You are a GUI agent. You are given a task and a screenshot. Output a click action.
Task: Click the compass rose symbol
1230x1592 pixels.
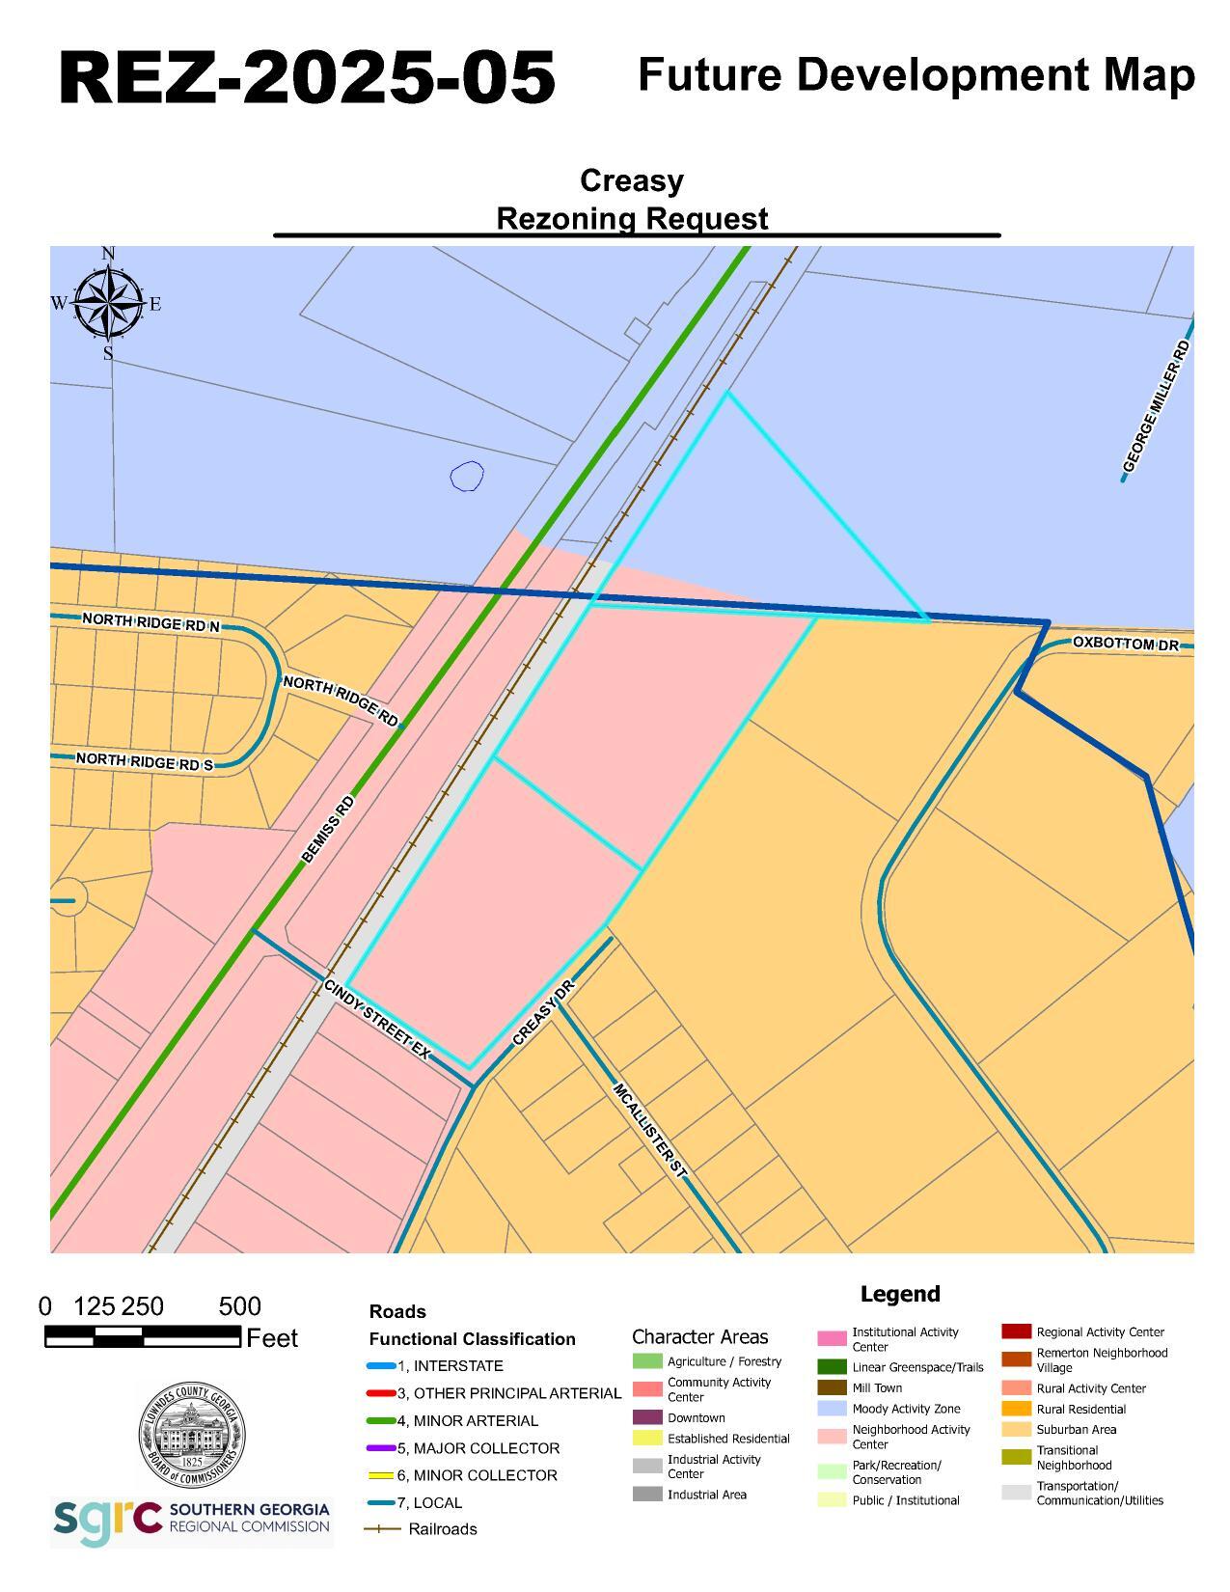tap(108, 303)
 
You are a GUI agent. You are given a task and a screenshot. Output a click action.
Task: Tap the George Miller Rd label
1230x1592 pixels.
tap(1156, 405)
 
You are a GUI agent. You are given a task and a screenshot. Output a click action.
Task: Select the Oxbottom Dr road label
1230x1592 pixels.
tap(1125, 644)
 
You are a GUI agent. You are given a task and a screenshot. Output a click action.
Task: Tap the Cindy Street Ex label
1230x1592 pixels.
tap(376, 1020)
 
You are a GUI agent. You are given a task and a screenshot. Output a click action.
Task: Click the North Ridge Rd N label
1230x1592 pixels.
tap(150, 622)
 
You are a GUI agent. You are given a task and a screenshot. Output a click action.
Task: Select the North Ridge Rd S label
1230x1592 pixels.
tap(145, 761)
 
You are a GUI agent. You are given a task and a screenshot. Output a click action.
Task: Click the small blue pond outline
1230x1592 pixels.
tap(467, 476)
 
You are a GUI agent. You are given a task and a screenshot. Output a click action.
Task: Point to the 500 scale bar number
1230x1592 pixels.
tap(239, 1306)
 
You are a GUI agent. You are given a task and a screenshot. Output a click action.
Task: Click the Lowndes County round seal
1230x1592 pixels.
tap(191, 1435)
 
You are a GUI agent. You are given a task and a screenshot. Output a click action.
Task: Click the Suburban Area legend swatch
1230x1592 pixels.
tap(1016, 1430)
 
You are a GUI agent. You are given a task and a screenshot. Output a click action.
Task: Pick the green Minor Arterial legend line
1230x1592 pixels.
tap(381, 1421)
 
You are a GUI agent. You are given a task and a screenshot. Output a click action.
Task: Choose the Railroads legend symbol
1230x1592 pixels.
tap(381, 1529)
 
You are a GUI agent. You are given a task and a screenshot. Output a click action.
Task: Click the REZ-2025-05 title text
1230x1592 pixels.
tap(307, 77)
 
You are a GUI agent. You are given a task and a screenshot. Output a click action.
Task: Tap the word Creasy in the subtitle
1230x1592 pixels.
tap(631, 180)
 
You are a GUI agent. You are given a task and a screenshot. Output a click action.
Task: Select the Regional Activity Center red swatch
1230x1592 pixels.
tap(1016, 1331)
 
